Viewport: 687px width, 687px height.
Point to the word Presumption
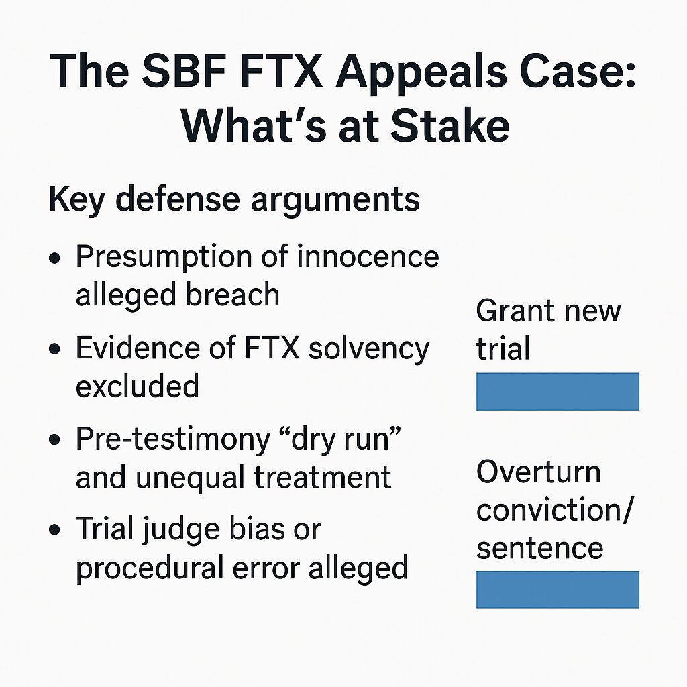pyautogui.click(x=164, y=258)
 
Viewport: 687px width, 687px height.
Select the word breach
pyautogui.click(x=232, y=294)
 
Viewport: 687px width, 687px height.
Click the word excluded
pyautogui.click(x=137, y=386)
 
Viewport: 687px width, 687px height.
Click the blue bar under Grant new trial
pyautogui.click(x=558, y=391)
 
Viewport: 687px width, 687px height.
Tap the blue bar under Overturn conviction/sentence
pyautogui.click(x=558, y=589)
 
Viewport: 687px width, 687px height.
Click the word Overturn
pyautogui.click(x=539, y=472)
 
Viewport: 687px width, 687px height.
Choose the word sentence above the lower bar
pyautogui.click(x=540, y=549)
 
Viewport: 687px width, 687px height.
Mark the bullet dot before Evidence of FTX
pyautogui.click(x=55, y=349)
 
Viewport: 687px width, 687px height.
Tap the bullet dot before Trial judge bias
pyautogui.click(x=55, y=530)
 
